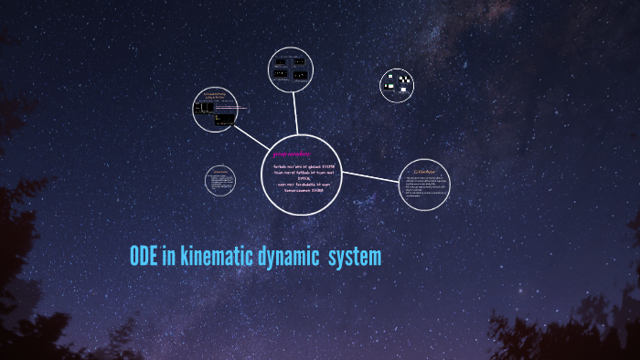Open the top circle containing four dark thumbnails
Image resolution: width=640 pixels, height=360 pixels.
(293, 72)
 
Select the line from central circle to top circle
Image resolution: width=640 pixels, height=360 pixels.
(296, 120)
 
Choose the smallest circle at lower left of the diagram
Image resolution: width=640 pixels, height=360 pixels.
(220, 180)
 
